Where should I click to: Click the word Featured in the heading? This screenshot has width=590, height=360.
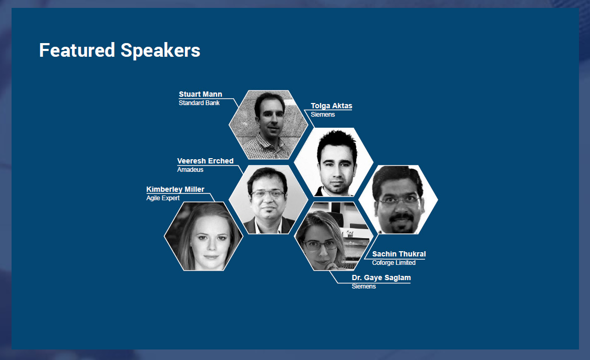click(77, 50)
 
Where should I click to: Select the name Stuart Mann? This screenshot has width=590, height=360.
click(201, 94)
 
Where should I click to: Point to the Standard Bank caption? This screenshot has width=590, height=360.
click(199, 103)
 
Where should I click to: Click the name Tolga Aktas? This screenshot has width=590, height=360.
click(332, 106)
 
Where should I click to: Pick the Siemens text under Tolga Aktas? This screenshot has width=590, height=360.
click(323, 115)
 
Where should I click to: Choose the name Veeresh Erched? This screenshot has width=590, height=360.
click(205, 161)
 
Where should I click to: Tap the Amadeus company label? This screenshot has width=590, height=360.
click(190, 170)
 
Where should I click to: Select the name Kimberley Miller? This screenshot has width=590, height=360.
click(175, 189)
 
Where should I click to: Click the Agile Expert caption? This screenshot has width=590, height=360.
click(163, 198)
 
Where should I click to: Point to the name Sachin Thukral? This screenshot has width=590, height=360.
click(399, 254)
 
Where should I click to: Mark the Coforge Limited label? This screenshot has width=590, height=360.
click(394, 263)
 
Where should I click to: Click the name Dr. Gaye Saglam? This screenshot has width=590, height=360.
click(381, 277)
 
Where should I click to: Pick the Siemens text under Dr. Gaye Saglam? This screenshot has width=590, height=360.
click(364, 286)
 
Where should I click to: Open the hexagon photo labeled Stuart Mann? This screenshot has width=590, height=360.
click(268, 125)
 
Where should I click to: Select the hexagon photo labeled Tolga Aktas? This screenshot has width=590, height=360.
click(334, 162)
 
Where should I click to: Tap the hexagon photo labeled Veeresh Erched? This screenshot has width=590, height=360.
click(268, 200)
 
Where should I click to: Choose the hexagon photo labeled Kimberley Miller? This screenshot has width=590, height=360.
click(203, 236)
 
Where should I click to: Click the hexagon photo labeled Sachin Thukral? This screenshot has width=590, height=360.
click(398, 200)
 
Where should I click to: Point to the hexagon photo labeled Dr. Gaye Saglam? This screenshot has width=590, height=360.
click(334, 236)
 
